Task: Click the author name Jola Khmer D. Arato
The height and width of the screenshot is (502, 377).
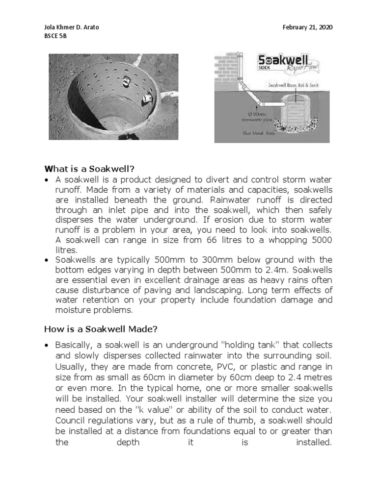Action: [x=71, y=27]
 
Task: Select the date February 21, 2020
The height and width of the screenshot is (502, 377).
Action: [x=307, y=27]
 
